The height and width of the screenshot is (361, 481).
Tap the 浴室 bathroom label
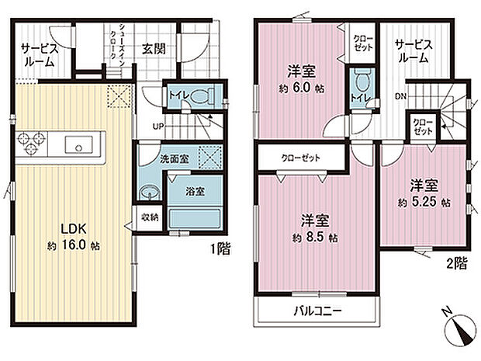click(x=195, y=191)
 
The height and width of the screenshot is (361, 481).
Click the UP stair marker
click(x=157, y=126)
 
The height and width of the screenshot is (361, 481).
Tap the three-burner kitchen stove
click(x=30, y=144)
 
